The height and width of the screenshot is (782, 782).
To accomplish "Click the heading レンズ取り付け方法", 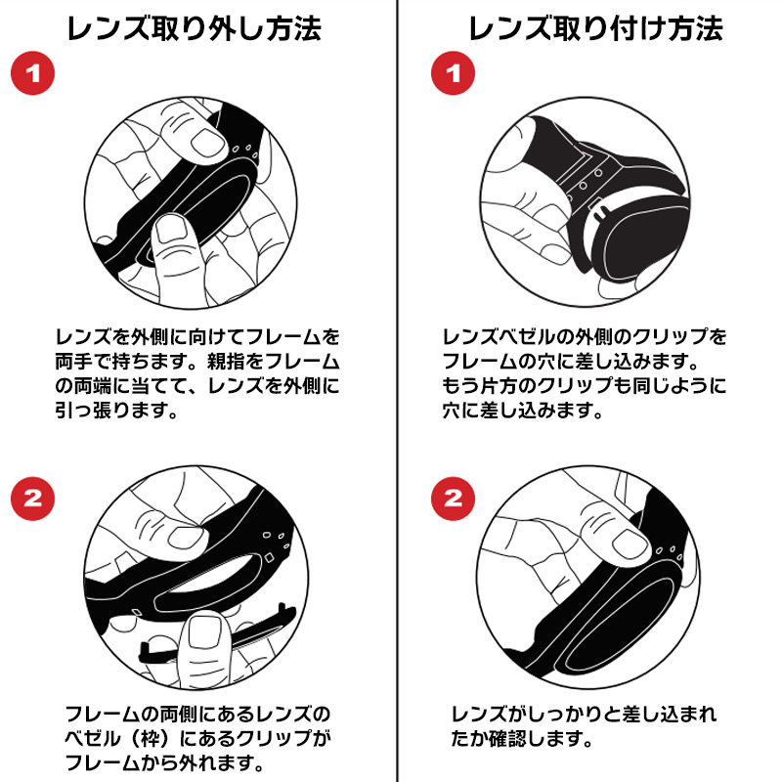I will (595, 28).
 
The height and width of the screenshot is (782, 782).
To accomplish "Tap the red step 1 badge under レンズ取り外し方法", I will (32, 74).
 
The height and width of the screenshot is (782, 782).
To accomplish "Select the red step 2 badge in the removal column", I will (32, 499).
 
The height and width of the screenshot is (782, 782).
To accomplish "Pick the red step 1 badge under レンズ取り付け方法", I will (453, 74).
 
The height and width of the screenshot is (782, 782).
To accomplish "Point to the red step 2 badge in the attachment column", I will (453, 499).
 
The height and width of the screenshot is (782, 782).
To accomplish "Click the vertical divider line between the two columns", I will (397, 391).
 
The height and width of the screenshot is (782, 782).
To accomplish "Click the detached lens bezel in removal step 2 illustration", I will (215, 640).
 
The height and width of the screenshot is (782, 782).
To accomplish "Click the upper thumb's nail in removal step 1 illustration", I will (207, 144).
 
